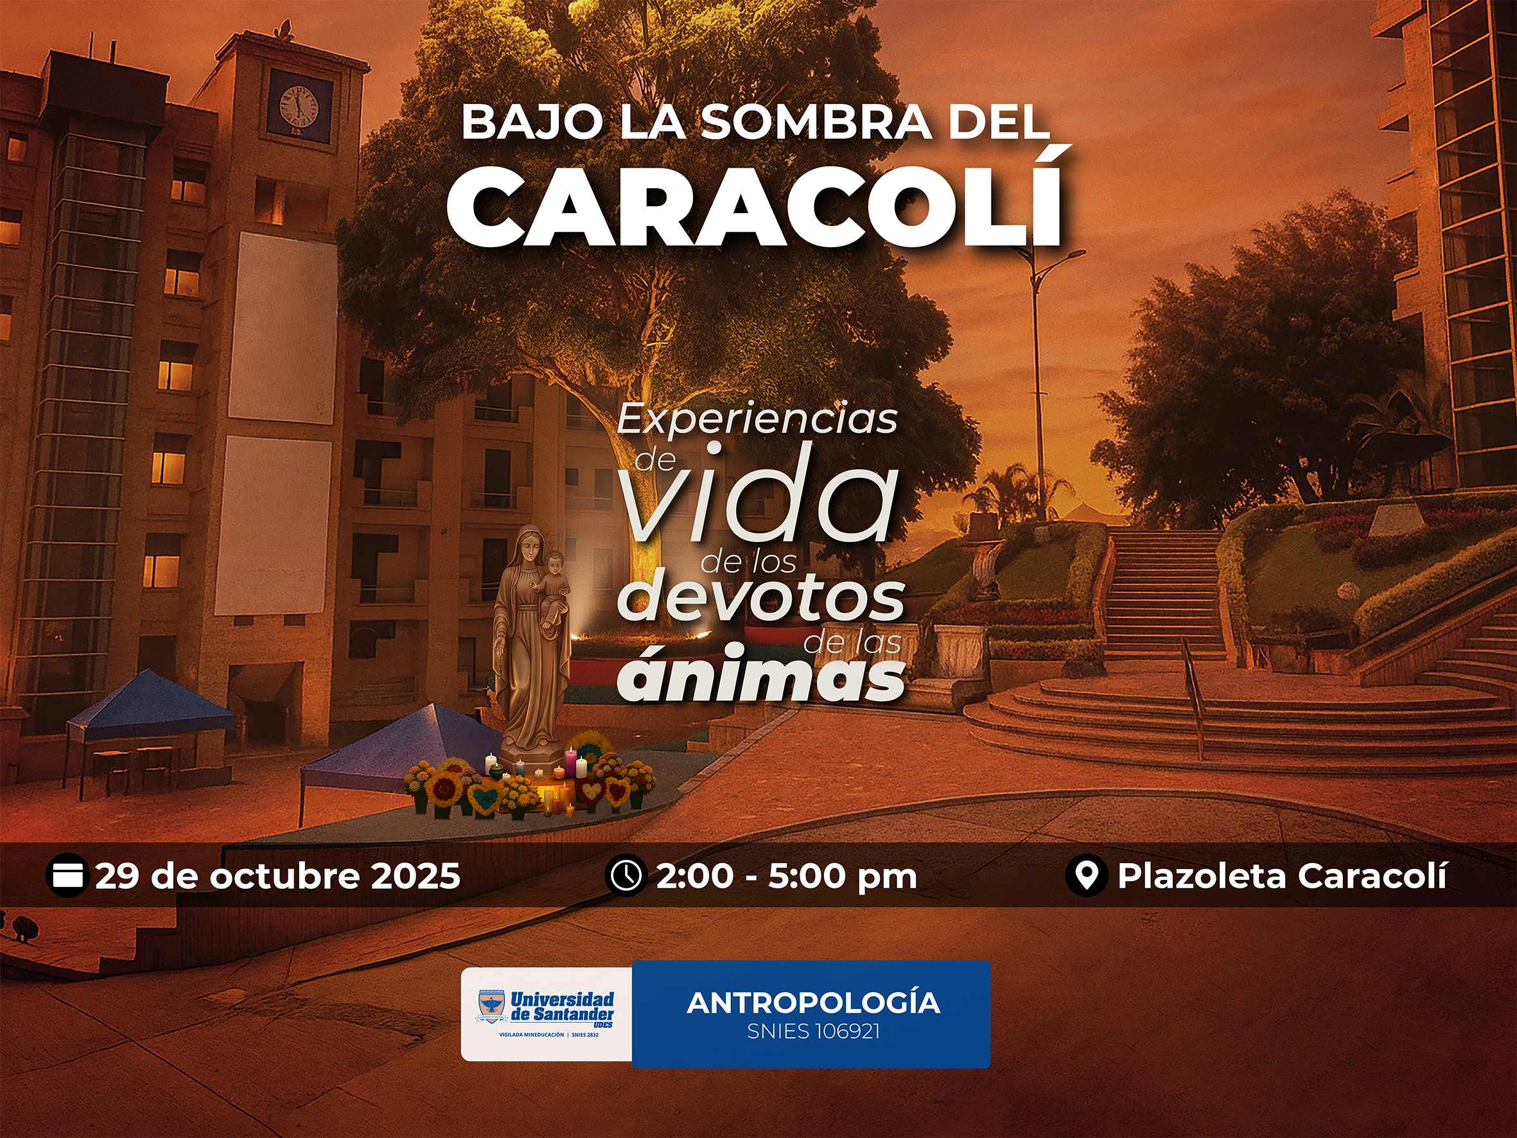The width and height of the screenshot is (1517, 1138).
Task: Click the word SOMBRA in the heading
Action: (x=816, y=122)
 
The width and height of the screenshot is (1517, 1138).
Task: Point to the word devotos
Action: (x=760, y=598)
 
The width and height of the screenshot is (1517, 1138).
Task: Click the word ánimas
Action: (x=760, y=676)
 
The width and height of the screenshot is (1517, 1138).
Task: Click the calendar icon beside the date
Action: (x=67, y=876)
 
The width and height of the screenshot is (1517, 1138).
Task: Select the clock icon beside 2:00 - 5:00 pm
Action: (x=626, y=876)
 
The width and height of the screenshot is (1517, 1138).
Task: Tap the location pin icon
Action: (x=1086, y=876)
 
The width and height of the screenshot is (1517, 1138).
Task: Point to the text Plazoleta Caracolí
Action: (x=1282, y=876)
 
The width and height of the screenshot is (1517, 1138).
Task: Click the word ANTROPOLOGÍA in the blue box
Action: (x=812, y=1003)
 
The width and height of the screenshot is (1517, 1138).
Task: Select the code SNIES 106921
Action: (x=812, y=1031)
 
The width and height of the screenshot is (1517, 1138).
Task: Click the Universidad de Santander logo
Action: (x=546, y=1013)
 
